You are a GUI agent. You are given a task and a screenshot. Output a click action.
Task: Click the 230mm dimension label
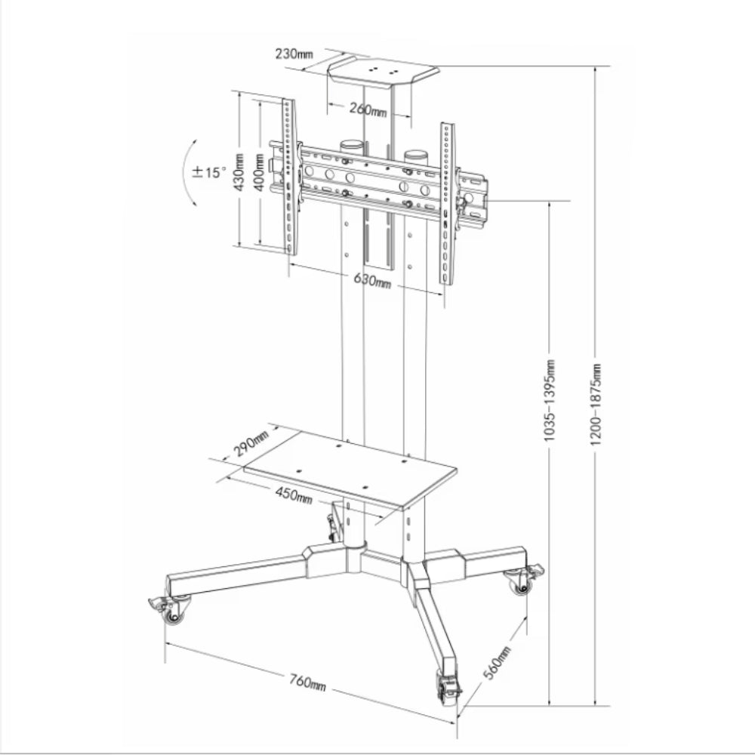click(x=294, y=54)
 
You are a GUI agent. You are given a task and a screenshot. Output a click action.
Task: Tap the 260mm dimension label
click(x=368, y=109)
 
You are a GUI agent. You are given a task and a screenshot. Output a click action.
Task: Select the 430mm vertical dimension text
click(x=239, y=172)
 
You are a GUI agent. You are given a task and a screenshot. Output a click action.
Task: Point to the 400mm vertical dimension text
click(x=259, y=172)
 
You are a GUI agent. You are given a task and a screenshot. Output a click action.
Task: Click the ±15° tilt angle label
click(x=209, y=172)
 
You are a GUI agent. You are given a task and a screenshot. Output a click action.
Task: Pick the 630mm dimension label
click(x=372, y=280)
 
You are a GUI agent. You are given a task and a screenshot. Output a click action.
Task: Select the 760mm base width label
click(x=308, y=682)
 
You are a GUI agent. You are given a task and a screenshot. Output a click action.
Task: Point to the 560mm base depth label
click(x=497, y=664)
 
